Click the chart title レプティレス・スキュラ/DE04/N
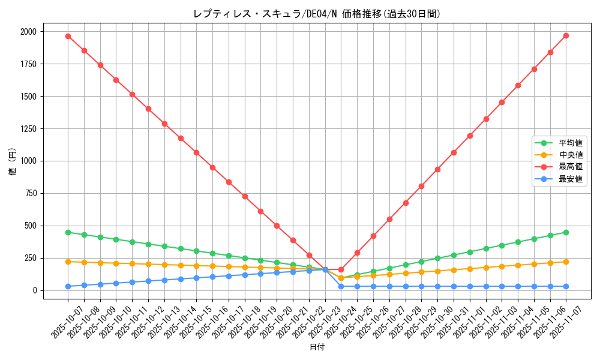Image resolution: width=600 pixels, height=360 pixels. [317, 14]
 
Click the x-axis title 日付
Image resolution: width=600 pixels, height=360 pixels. [317, 347]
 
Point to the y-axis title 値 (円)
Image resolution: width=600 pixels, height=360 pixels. [13, 163]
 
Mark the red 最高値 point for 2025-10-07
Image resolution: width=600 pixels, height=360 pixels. [68, 36]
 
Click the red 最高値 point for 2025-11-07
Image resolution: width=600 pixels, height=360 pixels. [566, 35]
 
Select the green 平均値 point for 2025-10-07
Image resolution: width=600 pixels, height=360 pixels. [68, 232]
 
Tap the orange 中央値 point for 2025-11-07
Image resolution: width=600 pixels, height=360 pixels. [566, 262]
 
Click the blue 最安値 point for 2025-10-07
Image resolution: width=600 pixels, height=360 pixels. [68, 286]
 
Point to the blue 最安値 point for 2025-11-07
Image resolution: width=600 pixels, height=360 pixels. [566, 286]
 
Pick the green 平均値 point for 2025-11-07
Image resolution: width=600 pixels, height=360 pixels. [566, 232]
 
